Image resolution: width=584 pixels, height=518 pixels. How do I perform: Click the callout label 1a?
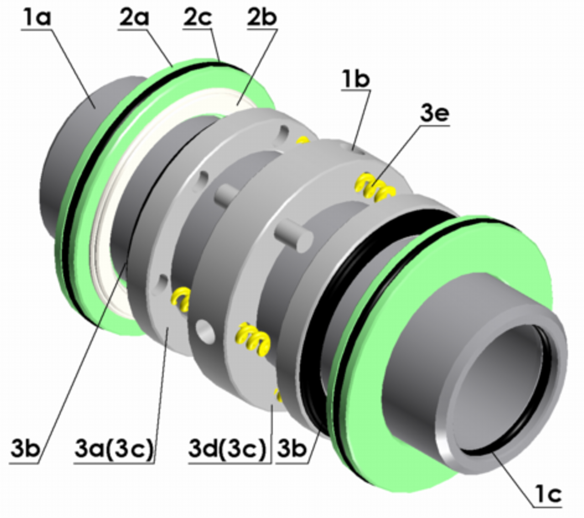pos(37,18)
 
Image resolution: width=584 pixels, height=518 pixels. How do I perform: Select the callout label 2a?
pos(134,18)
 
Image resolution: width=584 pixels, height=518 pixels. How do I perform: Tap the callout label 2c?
pos(198,18)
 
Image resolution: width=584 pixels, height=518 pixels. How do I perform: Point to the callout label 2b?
pos(262,18)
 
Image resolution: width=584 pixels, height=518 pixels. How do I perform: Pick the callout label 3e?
pos(435,114)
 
